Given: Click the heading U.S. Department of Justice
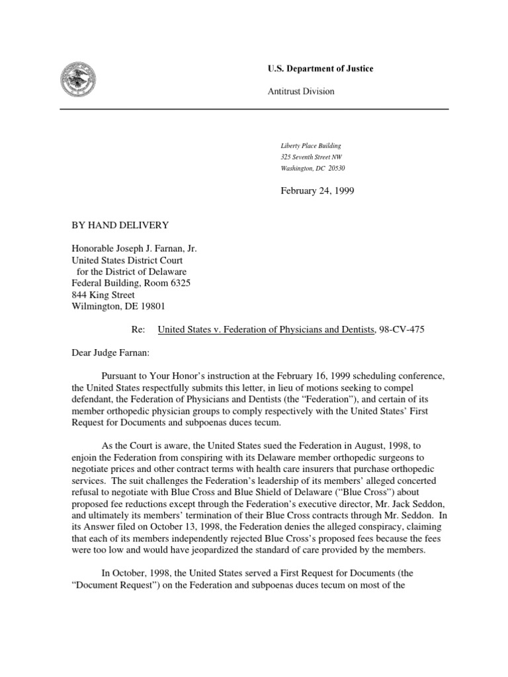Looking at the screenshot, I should [320, 69].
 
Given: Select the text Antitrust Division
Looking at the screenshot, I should [301, 91].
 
